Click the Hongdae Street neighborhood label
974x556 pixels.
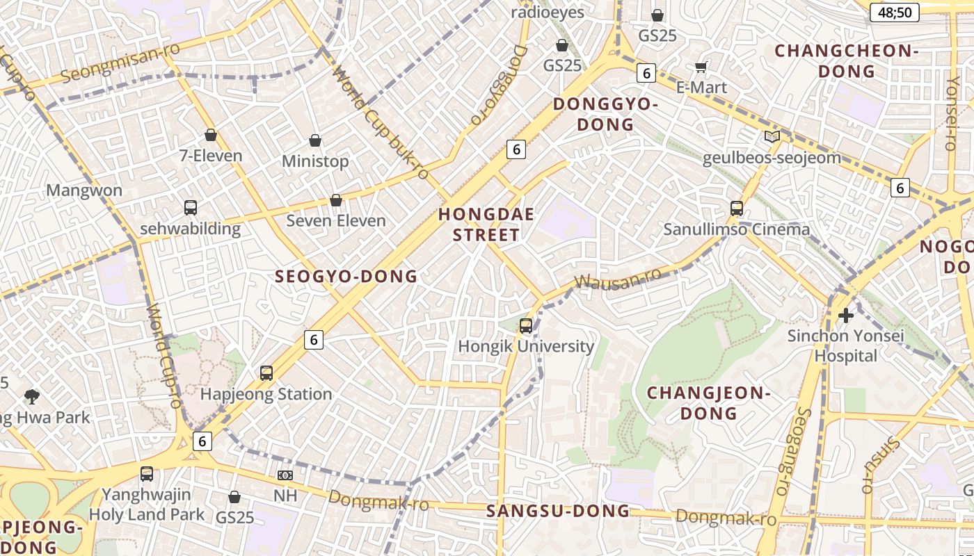[x=486, y=224]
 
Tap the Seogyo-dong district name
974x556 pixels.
[x=346, y=277]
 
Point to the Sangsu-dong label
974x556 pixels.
[x=558, y=512]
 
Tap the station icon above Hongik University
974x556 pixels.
[x=526, y=325]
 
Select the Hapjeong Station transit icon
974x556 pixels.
[x=266, y=373]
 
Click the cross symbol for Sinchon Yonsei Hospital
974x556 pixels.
[x=846, y=316]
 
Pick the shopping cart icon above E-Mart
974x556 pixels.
[x=701, y=67]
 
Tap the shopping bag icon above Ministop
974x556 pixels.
[x=315, y=140]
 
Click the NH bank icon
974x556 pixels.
[x=285, y=475]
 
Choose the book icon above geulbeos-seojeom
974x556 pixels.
[x=772, y=137]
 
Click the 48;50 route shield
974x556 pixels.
[x=895, y=13]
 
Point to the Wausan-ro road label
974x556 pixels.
[x=618, y=279]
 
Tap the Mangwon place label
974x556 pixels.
[x=84, y=190]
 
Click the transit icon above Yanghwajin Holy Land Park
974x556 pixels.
[x=147, y=474]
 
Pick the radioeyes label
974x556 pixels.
[x=548, y=13]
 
